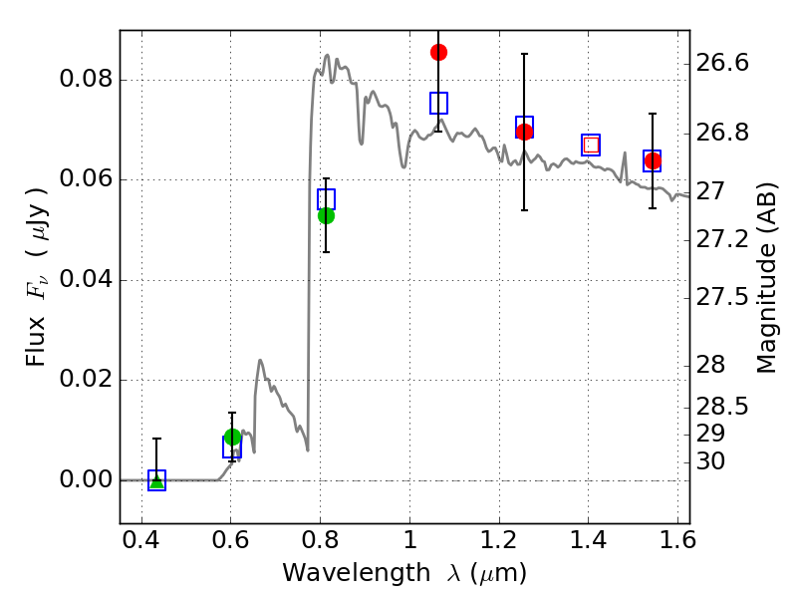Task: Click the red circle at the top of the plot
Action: (438, 52)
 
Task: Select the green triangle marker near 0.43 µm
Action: (157, 480)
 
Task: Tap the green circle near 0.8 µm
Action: (327, 215)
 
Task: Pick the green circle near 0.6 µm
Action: (232, 437)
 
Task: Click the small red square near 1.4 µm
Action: (591, 145)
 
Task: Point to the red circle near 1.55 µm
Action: (653, 161)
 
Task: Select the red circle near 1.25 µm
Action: (525, 132)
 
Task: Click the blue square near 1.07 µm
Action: (438, 104)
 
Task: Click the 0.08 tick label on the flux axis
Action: (86, 80)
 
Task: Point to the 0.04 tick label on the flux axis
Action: (86, 279)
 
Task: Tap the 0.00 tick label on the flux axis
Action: (86, 479)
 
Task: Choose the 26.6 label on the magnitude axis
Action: (721, 63)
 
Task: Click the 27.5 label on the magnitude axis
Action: (721, 297)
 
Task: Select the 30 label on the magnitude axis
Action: (710, 461)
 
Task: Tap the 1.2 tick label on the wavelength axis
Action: (499, 540)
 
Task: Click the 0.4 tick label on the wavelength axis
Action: (141, 540)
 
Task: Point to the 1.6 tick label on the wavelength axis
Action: (677, 540)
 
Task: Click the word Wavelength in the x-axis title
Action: (357, 573)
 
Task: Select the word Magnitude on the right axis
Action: (766, 315)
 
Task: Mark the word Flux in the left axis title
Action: (36, 342)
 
